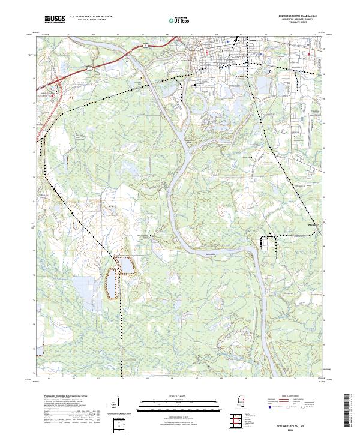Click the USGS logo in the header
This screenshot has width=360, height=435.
pos(55,20)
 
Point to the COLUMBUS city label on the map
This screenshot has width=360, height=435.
pos(240,77)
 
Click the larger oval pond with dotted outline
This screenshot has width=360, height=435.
pos(112,283)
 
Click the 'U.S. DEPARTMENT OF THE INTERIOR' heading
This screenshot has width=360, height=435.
pos(91,17)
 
